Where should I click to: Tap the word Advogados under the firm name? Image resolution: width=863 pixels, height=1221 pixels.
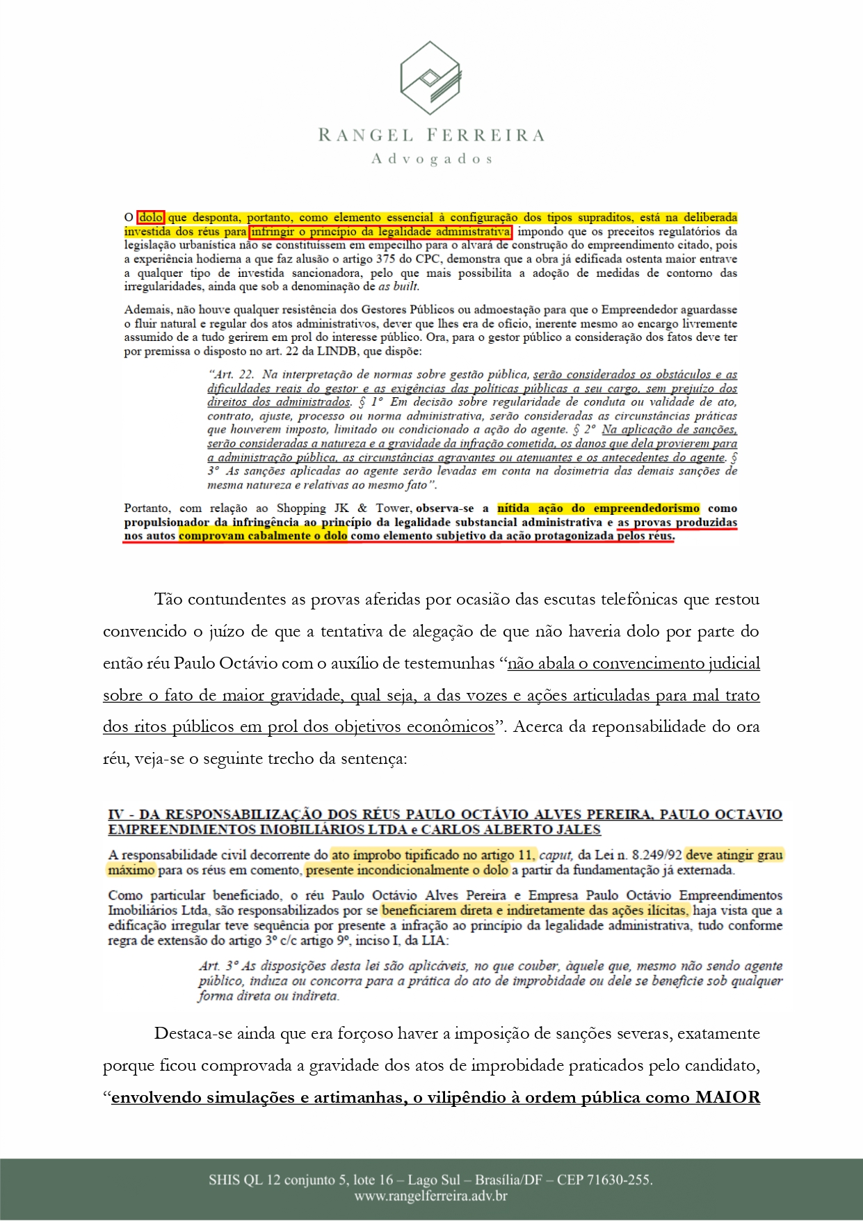(x=432, y=159)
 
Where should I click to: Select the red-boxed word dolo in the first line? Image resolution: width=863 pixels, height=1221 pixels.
(x=151, y=218)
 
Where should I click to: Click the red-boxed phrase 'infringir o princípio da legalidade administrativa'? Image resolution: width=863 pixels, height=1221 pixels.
(x=380, y=232)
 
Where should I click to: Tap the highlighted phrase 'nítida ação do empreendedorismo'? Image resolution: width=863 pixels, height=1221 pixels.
(x=599, y=509)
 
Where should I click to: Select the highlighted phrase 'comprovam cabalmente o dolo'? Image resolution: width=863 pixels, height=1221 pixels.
(x=263, y=536)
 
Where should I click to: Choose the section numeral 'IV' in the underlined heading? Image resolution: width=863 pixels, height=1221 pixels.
(x=116, y=814)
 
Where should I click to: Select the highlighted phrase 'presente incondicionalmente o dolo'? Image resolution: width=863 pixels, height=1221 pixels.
(x=408, y=870)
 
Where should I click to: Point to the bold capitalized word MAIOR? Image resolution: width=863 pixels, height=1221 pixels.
(x=727, y=1098)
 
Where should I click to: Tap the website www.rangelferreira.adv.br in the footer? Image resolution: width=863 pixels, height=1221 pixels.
(x=430, y=1197)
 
